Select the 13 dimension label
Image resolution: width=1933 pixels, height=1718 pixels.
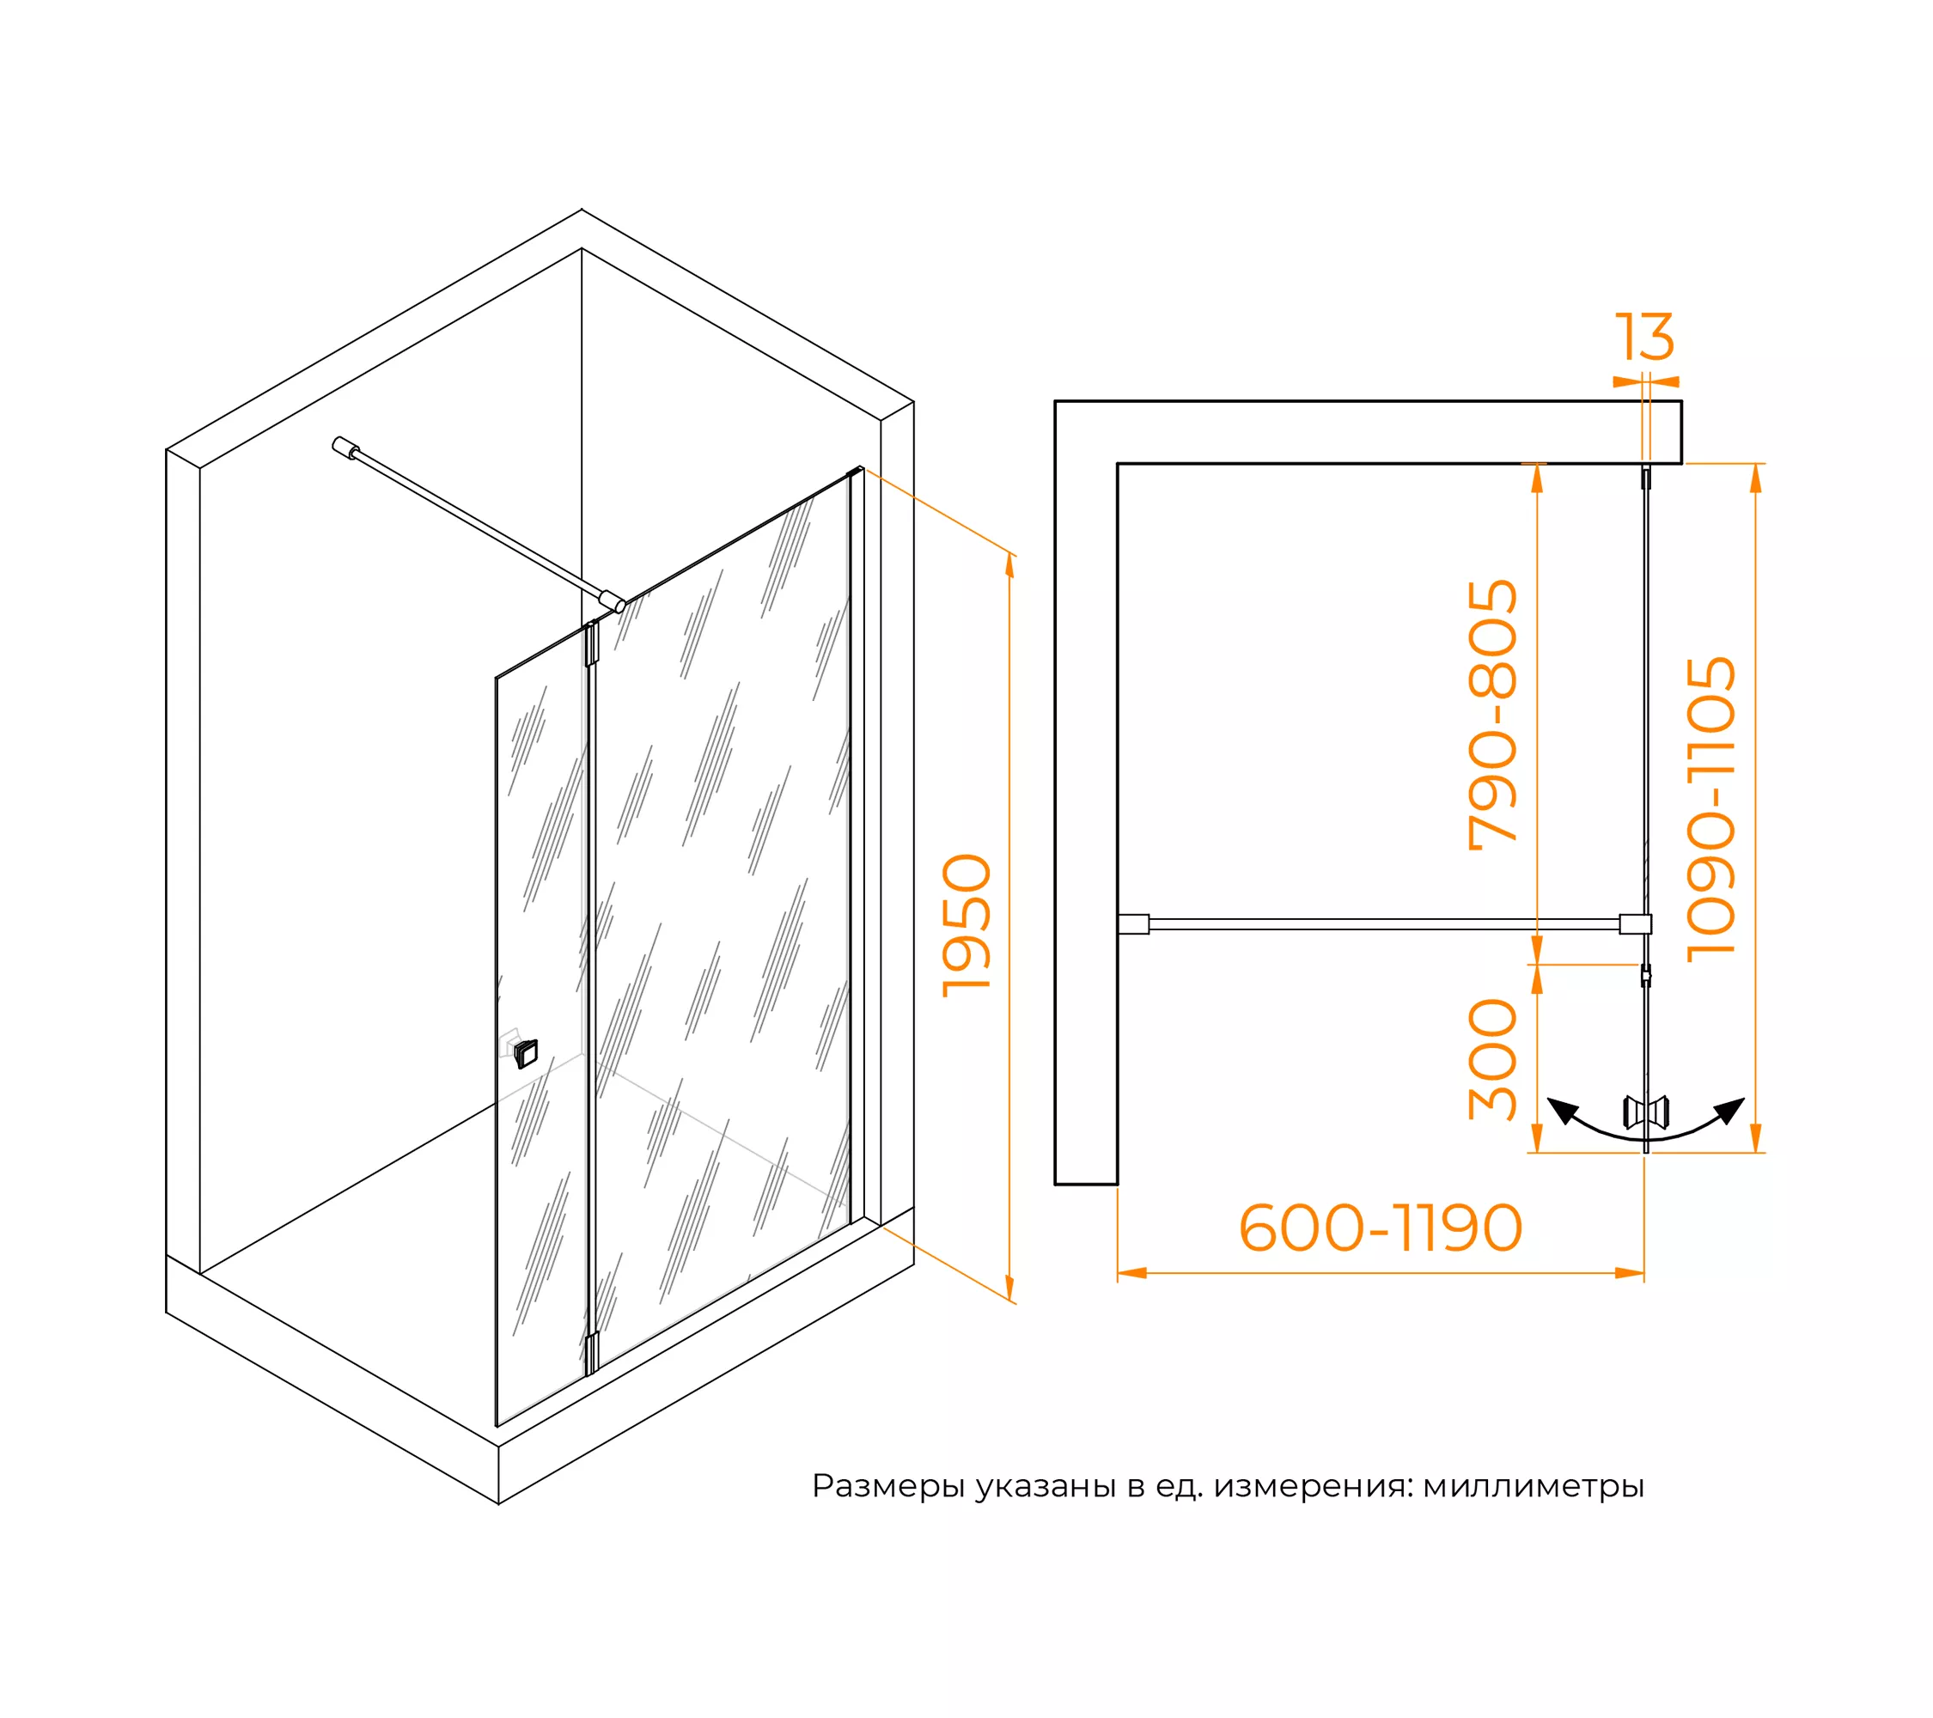pos(1644,337)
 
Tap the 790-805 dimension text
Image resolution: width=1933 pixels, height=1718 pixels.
pos(1492,716)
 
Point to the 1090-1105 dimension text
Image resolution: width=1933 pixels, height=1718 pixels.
pos(1710,809)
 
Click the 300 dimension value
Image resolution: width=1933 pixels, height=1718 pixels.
pos(1492,1060)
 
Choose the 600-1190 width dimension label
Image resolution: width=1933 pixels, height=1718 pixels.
pos(1381,1228)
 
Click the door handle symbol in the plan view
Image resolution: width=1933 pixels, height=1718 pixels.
pos(1645,1112)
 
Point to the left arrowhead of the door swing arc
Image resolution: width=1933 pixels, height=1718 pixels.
pos(1562,1110)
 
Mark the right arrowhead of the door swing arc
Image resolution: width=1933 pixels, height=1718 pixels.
pos(1729,1110)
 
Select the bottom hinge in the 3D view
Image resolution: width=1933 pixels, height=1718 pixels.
pos(592,1353)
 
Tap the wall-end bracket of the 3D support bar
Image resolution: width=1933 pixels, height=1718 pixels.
pos(345,448)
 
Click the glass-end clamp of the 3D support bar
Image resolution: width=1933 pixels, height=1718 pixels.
pos(613,600)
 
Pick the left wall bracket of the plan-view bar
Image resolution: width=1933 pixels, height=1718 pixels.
pos(1133,923)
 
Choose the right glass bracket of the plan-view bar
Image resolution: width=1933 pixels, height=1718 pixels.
pos(1635,923)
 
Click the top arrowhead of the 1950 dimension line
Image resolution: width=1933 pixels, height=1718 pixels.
pos(1010,565)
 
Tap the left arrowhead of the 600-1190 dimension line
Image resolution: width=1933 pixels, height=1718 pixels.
pos(1132,1273)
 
